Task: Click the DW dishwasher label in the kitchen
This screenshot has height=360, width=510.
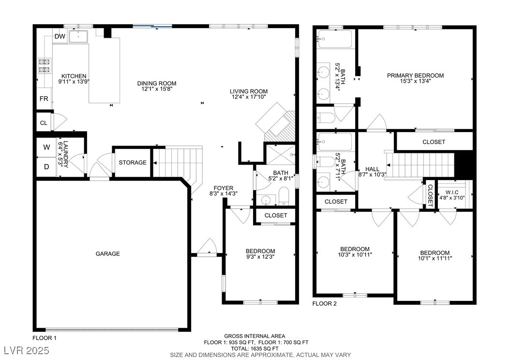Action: pos(60,36)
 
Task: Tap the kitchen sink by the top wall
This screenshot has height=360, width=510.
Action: pos(78,36)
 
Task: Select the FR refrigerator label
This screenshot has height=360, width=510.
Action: pos(44,99)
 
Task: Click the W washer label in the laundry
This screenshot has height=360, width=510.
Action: pos(46,147)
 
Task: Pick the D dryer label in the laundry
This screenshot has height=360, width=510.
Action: pos(46,167)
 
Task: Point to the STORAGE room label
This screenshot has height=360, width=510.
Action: pos(133,162)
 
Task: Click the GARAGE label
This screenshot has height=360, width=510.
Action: pos(107,254)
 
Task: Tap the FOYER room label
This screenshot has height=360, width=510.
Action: pos(224,188)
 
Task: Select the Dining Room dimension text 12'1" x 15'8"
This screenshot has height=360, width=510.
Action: pos(157,89)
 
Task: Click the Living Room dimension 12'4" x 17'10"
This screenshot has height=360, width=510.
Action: pos(249,97)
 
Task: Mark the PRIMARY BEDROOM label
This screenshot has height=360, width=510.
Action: pos(415,75)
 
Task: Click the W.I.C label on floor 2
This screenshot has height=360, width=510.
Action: pos(452,193)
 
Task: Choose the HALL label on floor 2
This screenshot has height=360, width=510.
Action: pos(372,169)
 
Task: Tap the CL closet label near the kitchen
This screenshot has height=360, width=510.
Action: pos(44,123)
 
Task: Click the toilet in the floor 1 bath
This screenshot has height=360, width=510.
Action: pos(284,196)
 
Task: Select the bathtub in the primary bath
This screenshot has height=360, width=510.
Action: pos(335,39)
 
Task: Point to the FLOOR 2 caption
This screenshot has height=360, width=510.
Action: pos(325,304)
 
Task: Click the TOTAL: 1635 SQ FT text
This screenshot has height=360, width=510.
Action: pos(255,348)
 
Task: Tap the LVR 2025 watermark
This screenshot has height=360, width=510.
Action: pos(27,350)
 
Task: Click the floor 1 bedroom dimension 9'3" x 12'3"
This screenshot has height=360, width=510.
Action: pos(260,257)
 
